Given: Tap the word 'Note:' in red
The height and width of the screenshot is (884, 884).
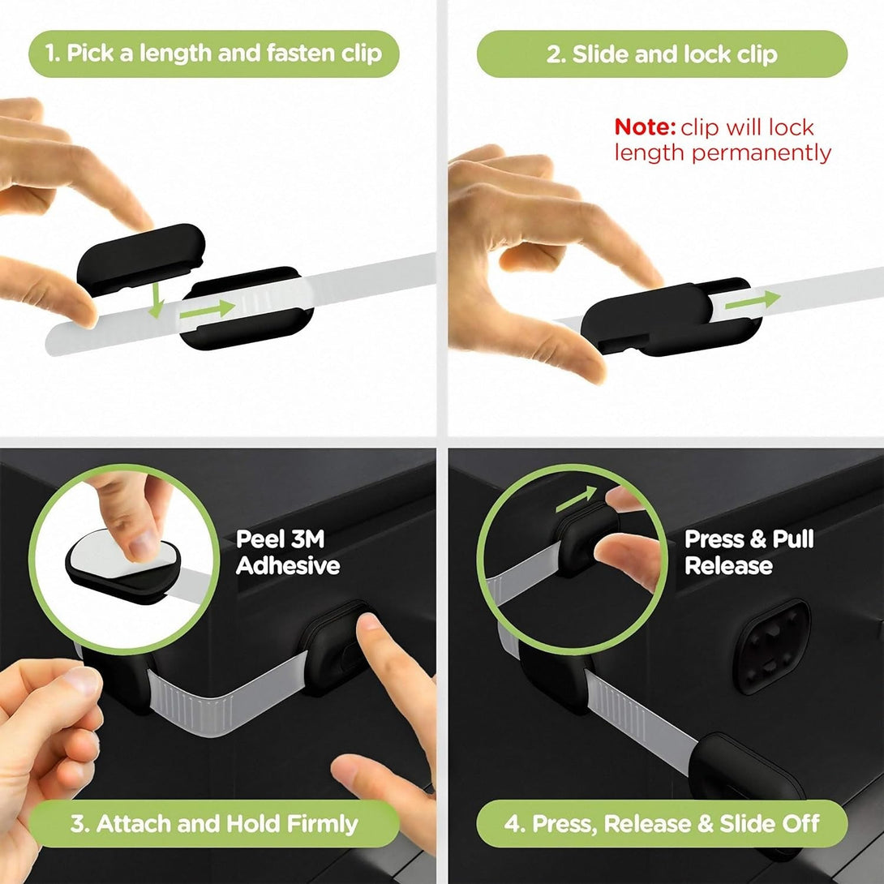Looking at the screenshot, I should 645,127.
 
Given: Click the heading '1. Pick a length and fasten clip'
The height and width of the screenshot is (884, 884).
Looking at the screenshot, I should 213,54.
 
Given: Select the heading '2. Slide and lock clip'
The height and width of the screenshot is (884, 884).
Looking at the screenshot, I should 662,54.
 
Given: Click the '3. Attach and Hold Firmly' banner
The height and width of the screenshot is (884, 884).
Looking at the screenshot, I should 213,824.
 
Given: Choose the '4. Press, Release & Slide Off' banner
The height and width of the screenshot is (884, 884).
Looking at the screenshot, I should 662,824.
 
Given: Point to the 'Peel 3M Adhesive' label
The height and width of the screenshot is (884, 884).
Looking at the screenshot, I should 287,552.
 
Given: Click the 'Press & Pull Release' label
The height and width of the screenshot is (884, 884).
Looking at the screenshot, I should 749,552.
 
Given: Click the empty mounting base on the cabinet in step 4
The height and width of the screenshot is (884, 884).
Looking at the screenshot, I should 770,646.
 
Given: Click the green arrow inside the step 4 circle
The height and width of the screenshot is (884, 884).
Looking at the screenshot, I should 575,500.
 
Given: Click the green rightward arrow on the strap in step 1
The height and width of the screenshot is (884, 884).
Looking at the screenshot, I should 208,309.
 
